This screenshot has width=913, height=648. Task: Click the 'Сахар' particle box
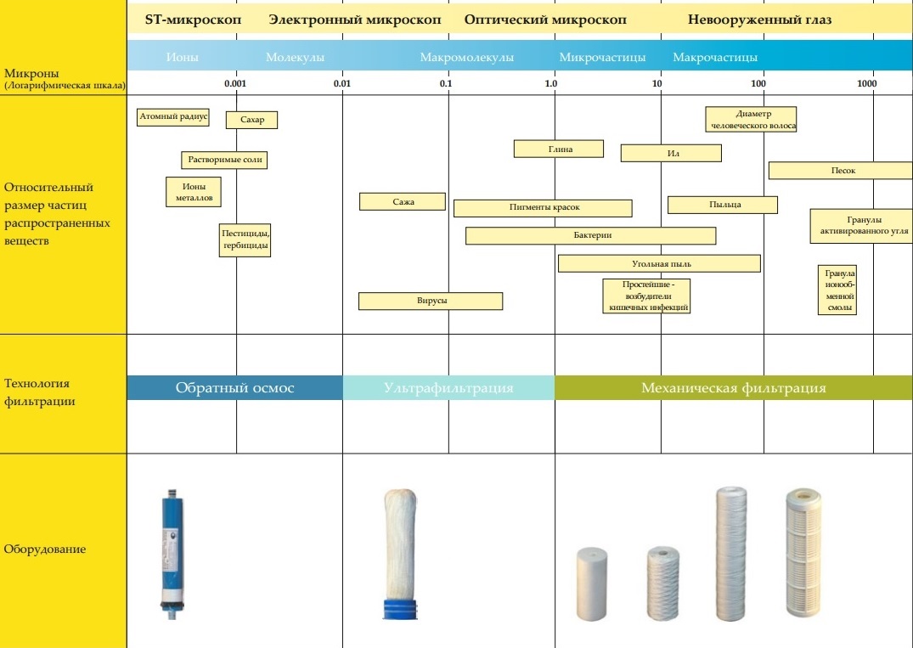click(x=251, y=120)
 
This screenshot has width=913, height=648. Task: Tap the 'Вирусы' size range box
click(x=431, y=301)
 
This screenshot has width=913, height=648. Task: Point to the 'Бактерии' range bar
click(x=590, y=235)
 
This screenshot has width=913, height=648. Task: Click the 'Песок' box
click(x=841, y=171)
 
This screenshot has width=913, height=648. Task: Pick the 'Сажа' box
click(x=403, y=201)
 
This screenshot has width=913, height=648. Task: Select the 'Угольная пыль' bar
click(x=659, y=263)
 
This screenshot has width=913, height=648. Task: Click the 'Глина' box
click(x=559, y=149)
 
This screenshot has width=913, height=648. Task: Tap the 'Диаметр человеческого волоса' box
click(x=751, y=119)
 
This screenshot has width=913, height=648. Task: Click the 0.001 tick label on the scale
click(x=235, y=84)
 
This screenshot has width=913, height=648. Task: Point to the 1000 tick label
click(x=866, y=84)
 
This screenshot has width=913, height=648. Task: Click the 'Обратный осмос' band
click(x=235, y=388)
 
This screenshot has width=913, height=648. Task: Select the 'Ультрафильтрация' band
click(x=448, y=388)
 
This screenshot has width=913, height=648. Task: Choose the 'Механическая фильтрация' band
click(x=733, y=388)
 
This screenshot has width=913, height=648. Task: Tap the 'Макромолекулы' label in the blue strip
click(x=466, y=58)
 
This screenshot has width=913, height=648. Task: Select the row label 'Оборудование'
click(x=45, y=549)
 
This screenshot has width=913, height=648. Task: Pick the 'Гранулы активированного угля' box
click(x=859, y=225)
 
